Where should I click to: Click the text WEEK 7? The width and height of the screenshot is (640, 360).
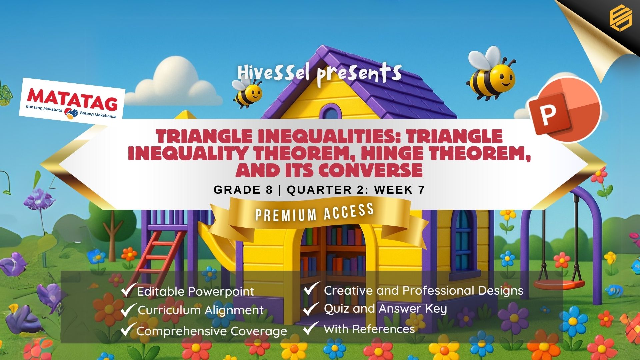tap(399, 190)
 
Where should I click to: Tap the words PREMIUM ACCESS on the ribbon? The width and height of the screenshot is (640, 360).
tap(314, 212)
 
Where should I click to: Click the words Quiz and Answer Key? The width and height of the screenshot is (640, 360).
tap(385, 309)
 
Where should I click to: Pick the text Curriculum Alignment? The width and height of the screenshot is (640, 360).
tap(201, 310)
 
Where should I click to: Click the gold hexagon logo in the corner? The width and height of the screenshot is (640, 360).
tap(620, 19)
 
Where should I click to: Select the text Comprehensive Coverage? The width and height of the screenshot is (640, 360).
tap(212, 331)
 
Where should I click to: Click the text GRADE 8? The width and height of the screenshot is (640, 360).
tap(243, 190)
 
